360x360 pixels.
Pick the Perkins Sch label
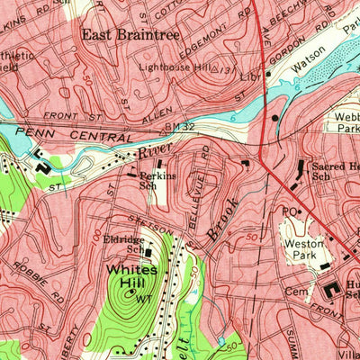coord(156,181)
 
